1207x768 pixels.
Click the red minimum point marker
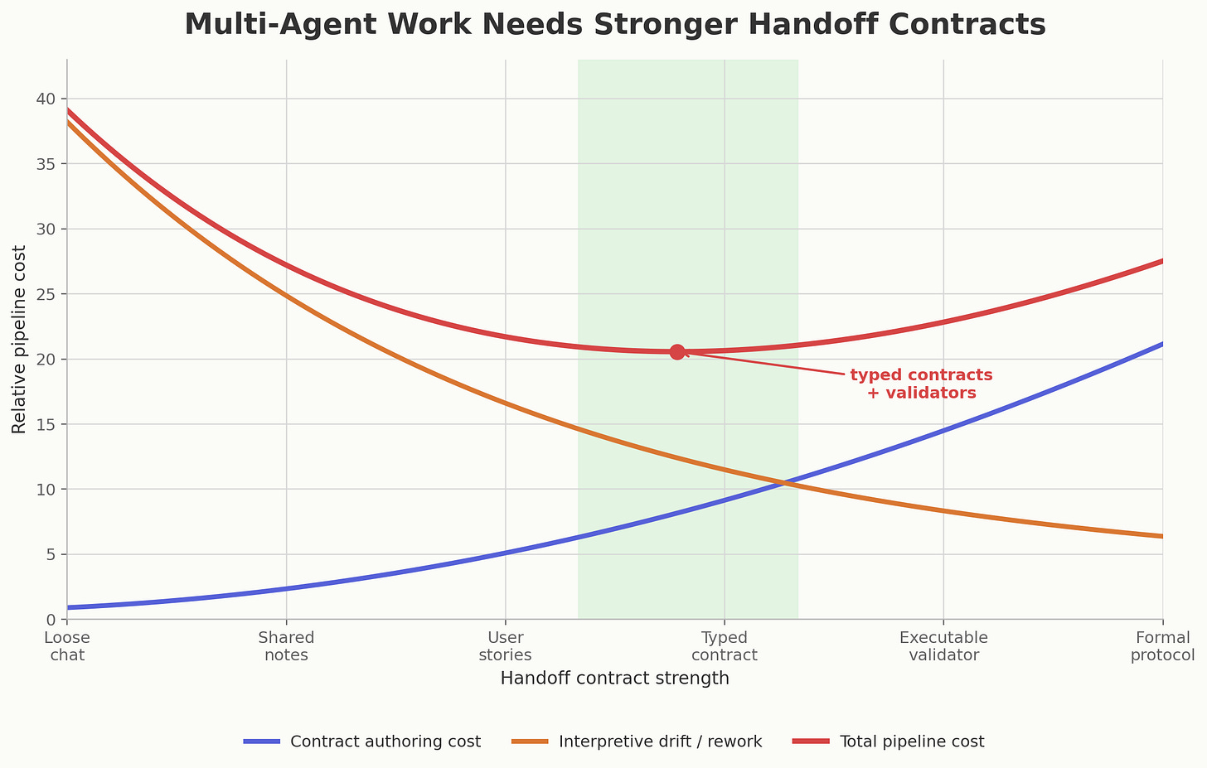tap(677, 352)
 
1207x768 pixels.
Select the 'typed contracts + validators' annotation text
tap(921, 384)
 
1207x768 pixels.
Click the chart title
tap(614, 25)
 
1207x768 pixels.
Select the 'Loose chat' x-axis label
tap(67, 646)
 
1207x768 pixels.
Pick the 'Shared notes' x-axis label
tap(286, 646)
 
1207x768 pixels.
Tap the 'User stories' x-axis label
tap(505, 646)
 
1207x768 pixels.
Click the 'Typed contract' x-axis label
tap(725, 646)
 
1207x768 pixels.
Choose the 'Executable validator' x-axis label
tap(943, 646)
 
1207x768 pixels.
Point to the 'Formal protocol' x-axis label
tap(1162, 646)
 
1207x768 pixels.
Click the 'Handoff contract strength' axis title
tap(614, 679)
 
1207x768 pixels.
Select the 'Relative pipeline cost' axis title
tap(19, 339)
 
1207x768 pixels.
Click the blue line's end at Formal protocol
tap(1162, 344)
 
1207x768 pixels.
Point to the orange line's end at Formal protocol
tap(1162, 536)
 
